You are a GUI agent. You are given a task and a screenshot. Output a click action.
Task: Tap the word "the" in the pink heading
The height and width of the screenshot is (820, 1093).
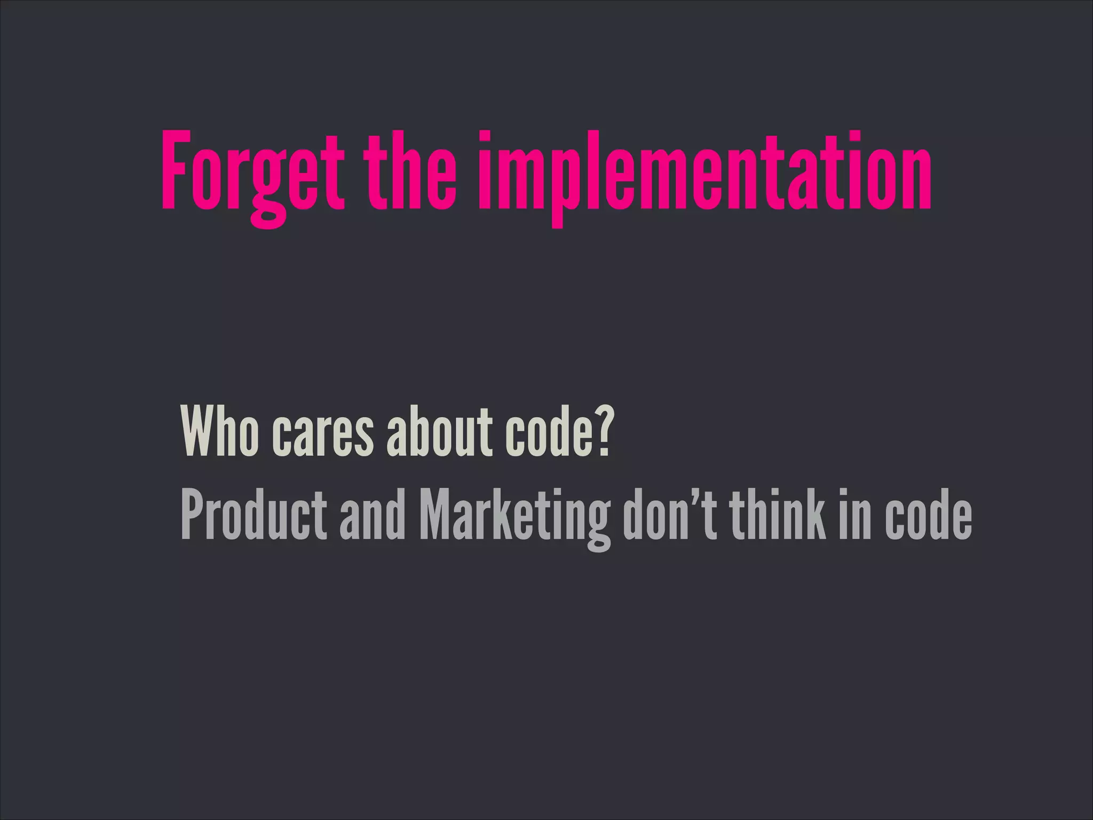(x=410, y=171)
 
